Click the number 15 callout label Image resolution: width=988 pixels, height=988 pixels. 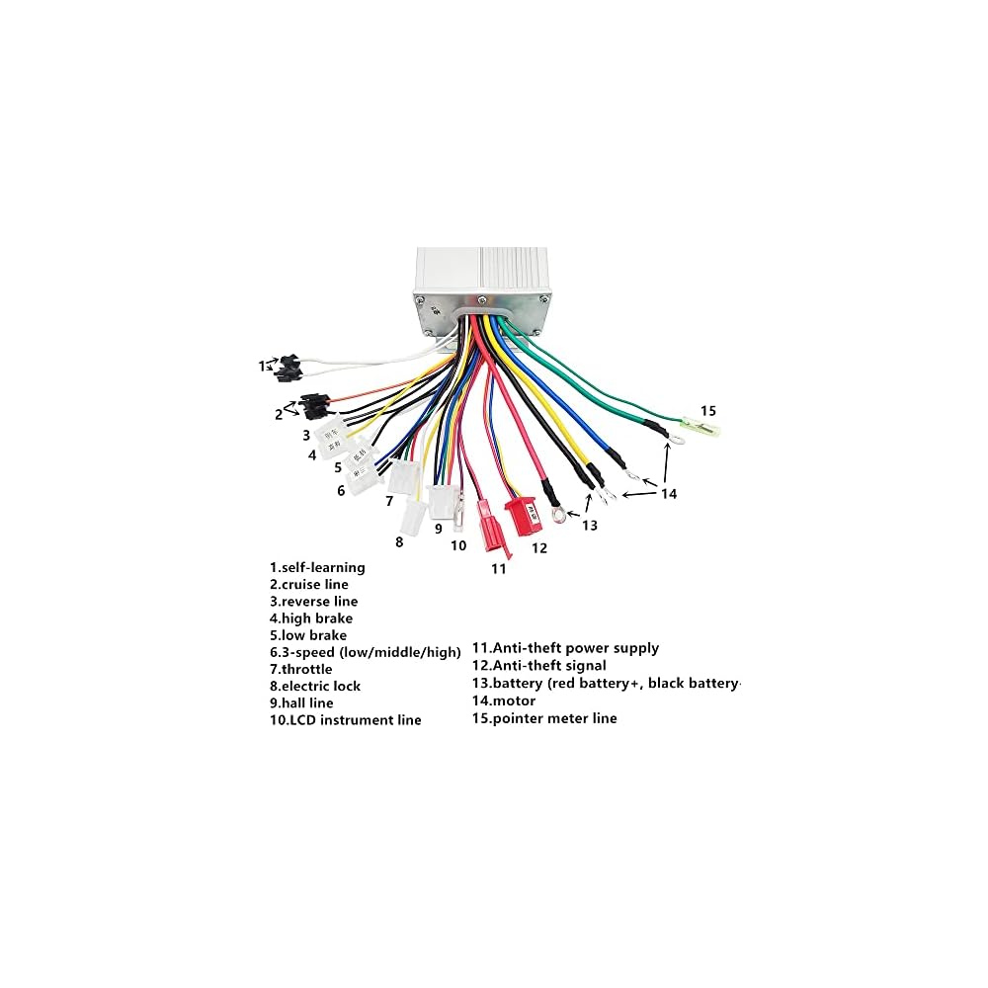708,410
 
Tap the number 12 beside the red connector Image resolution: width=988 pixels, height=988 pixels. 538,547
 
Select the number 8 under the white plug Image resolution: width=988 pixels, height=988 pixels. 399,541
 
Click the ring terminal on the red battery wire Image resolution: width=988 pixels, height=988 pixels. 559,514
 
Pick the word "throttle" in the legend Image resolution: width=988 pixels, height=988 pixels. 310,669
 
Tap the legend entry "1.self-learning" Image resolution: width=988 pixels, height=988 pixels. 318,567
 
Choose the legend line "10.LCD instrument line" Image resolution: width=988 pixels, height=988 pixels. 346,720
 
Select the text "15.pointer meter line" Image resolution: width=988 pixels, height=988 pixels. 544,718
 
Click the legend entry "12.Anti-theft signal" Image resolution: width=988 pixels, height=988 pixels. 538,666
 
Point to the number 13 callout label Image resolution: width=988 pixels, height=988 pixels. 589,526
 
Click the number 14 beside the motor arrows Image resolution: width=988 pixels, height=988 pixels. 669,493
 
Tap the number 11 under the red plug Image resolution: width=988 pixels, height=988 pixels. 499,569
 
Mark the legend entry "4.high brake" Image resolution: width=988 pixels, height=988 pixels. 311,618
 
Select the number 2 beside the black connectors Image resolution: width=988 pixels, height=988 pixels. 279,414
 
